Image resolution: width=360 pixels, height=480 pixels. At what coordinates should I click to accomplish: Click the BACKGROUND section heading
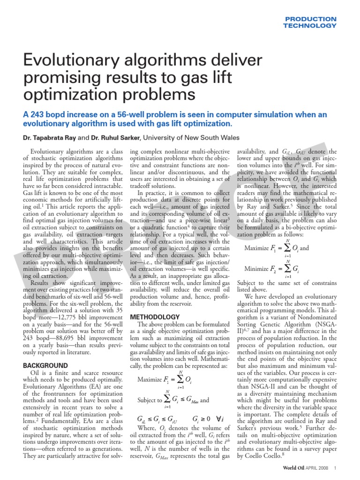45,365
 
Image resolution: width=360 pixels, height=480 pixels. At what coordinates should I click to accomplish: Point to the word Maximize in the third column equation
260,248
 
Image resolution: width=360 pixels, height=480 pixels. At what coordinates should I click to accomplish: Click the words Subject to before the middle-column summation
149,388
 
